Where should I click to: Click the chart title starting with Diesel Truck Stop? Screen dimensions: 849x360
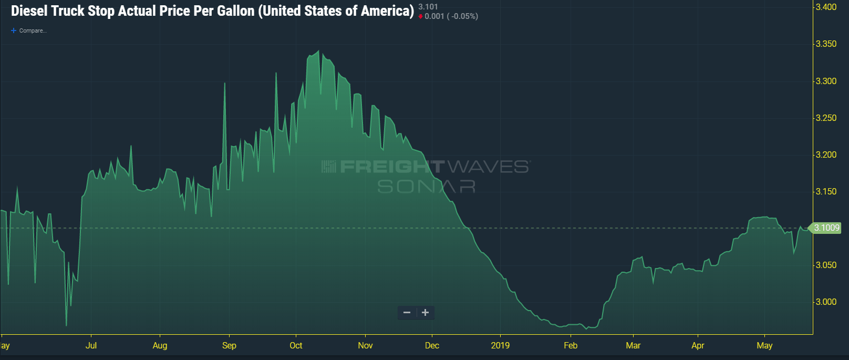pos(212,11)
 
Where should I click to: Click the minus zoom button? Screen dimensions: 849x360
pos(407,313)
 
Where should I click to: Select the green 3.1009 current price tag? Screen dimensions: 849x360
pos(826,228)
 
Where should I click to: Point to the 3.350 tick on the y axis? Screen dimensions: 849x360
pos(826,44)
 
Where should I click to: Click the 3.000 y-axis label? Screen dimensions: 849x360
pos(826,302)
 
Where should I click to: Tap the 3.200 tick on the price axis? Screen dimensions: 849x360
pos(826,155)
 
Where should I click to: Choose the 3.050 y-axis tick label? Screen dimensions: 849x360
pos(826,265)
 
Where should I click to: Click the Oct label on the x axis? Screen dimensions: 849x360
pos(296,346)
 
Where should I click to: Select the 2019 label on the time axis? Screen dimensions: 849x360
pos(500,346)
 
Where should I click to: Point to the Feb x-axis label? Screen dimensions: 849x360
pos(571,346)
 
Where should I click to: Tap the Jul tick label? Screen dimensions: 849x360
pos(91,346)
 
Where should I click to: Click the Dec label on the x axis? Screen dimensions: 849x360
pos(432,346)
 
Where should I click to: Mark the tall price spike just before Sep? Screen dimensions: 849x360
pos(225,84)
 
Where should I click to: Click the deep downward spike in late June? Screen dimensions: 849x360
pos(66,325)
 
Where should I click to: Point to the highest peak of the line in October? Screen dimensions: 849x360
pos(318,51)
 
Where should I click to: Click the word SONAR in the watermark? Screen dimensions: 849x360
pos(427,187)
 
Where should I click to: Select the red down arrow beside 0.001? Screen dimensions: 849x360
pos(420,17)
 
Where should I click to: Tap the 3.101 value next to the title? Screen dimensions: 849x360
pos(428,7)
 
